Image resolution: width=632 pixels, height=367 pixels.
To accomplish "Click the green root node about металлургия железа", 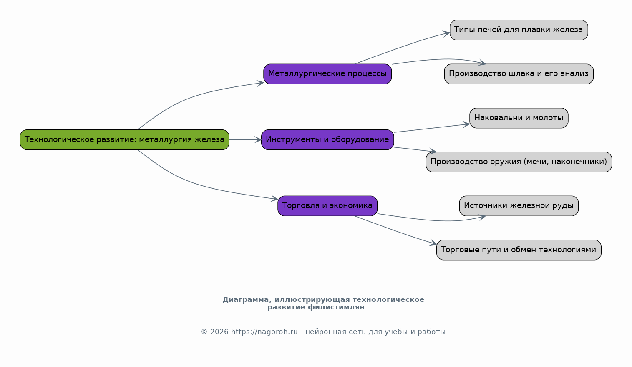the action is point(124,140).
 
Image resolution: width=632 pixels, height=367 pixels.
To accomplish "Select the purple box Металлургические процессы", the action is point(327,74).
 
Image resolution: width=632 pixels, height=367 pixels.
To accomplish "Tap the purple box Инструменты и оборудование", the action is point(327,140).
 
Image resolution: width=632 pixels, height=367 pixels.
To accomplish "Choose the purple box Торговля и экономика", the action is point(327,206).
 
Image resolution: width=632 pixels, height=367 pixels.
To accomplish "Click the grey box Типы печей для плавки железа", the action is point(519,30).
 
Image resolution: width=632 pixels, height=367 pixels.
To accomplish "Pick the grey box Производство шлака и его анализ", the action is point(519,74).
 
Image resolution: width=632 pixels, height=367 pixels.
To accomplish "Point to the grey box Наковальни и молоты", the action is point(519,118).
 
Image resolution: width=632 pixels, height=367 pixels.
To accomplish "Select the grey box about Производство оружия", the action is point(519,162).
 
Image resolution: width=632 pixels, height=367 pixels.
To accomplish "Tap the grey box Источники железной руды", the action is point(519,206).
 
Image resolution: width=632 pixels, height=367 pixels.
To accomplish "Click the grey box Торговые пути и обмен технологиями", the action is point(519,250).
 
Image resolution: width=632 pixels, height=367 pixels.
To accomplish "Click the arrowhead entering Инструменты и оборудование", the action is point(258,140).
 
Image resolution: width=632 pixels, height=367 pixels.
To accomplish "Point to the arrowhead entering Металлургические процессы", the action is point(260,83).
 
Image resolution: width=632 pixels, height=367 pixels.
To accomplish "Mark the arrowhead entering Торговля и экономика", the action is point(274,199).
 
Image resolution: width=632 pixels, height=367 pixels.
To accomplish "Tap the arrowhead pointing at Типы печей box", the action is point(446,34).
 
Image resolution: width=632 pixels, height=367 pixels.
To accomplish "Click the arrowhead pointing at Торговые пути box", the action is point(433,243).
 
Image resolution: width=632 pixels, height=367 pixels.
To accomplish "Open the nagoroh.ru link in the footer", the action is point(264,332).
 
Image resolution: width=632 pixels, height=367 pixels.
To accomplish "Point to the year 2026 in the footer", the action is point(219,332).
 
